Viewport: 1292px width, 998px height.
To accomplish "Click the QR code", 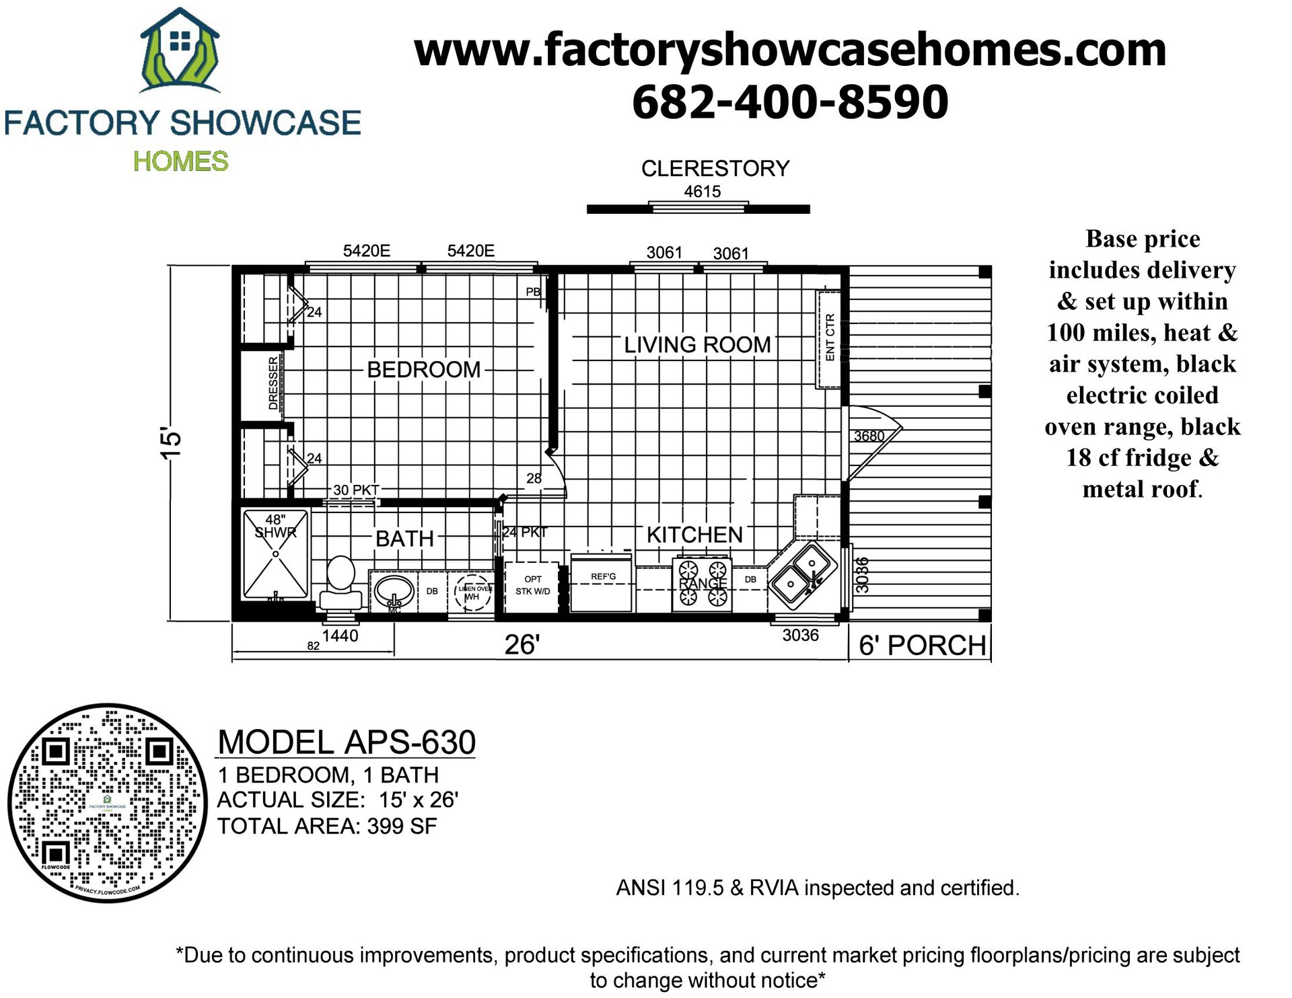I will tap(108, 803).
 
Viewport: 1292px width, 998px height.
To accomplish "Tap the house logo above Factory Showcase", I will tap(179, 51).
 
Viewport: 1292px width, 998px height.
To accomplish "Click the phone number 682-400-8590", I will tap(790, 102).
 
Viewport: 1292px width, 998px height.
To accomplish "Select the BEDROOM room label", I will tap(423, 369).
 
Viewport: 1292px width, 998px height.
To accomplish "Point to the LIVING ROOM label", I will tap(696, 344).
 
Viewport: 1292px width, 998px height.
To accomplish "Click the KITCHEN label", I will tap(694, 535).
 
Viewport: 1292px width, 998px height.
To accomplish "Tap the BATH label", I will tap(404, 538).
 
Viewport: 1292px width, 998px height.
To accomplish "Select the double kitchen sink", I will tap(803, 574).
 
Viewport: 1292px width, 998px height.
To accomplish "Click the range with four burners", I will tap(702, 583).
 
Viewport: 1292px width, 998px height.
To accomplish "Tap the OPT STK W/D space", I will tap(532, 585).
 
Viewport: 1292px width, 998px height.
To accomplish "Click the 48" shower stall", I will tap(276, 554).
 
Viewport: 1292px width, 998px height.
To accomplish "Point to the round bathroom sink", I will tap(394, 592).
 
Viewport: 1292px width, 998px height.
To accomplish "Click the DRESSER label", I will tap(273, 383).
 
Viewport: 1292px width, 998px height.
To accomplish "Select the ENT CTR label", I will tap(830, 338).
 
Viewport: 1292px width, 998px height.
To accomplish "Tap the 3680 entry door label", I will tap(869, 436).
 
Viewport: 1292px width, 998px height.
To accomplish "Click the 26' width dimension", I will tap(522, 644).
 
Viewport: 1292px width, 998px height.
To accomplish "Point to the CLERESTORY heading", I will tap(715, 168).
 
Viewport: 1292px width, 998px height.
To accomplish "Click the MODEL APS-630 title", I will tap(347, 742).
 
